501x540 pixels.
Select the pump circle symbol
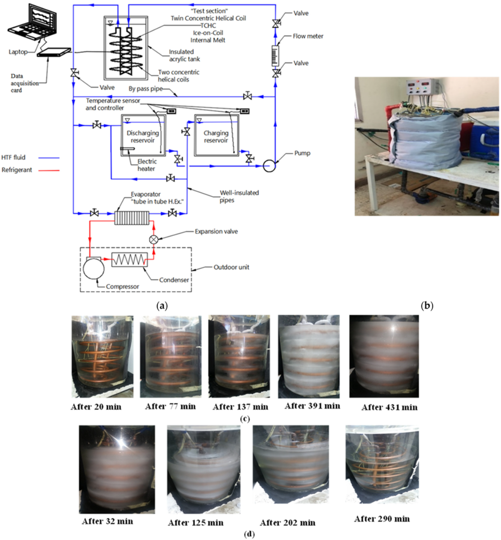[x=269, y=166]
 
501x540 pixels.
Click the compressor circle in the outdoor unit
[x=94, y=268]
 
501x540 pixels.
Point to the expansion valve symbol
[x=154, y=239]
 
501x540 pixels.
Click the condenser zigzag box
[x=129, y=260]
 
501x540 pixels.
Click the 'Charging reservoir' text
[x=216, y=137]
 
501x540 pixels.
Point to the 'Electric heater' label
[x=147, y=165]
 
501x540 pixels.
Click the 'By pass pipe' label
[x=146, y=89]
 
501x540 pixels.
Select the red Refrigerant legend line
[x=49, y=171]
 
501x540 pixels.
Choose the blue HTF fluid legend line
[x=49, y=158]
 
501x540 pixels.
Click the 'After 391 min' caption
[x=312, y=406]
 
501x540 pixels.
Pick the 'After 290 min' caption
[x=382, y=519]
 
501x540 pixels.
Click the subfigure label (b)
[x=427, y=306]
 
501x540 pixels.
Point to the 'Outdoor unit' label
[x=231, y=267]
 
